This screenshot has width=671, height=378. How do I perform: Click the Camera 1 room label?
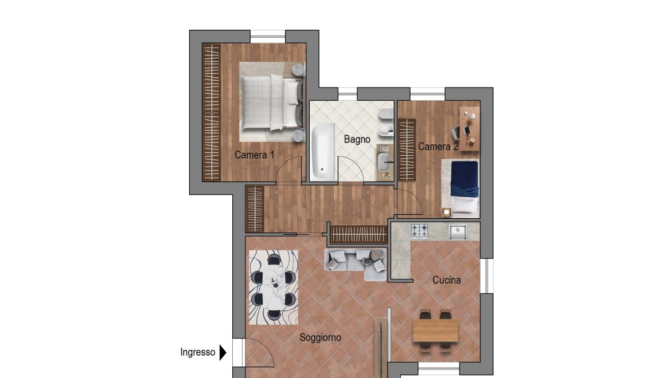point(254,155)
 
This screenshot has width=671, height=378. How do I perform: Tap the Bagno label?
point(357,139)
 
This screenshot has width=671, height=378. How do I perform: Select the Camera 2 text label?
point(438,147)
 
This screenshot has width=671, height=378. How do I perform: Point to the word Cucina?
point(446,280)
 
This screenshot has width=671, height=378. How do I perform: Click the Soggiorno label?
point(320,337)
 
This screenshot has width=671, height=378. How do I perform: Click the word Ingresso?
point(198,352)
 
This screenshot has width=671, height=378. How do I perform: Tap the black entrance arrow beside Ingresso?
point(223,353)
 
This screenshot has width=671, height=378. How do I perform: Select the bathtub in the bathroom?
point(322,152)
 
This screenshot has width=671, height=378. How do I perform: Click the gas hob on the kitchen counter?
point(419,231)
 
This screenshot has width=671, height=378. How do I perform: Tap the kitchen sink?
point(458,231)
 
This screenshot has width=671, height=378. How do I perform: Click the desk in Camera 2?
point(470,128)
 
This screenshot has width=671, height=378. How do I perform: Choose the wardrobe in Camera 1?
point(212,112)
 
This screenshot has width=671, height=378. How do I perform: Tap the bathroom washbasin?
point(384,162)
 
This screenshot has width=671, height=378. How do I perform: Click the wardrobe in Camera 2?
point(407,150)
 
